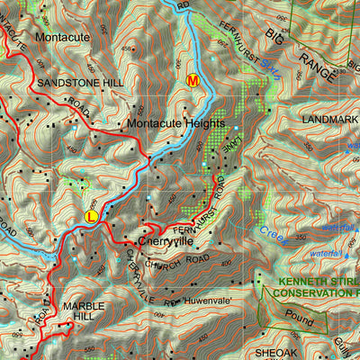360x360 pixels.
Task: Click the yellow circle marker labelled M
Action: pos(191,80)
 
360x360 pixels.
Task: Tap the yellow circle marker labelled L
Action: pos(91,216)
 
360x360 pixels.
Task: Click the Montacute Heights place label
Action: pos(173,123)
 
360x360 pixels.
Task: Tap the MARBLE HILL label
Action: pos(83,311)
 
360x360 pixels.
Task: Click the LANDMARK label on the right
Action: pos(330,119)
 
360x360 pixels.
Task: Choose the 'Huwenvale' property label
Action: pos(210,300)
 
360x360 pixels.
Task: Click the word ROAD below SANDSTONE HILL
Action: pos(80,112)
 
